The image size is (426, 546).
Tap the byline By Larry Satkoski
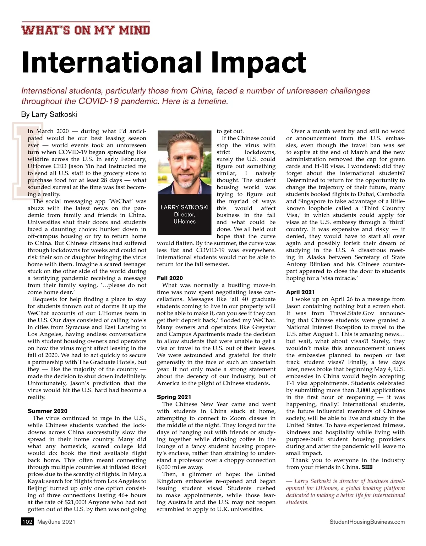point(49,114)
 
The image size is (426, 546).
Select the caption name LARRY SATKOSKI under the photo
point(184,207)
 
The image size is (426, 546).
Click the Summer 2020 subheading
point(47,411)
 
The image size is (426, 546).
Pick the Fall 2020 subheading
point(170,278)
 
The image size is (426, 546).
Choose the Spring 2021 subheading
point(174,397)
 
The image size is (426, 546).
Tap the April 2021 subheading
point(300,292)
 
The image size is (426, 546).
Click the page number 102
point(27,522)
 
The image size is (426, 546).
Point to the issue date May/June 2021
point(56,522)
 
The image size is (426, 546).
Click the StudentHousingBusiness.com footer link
point(367,522)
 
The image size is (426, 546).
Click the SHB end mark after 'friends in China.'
point(367,467)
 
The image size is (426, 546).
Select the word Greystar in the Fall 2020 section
point(264,327)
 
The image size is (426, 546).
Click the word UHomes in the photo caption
point(184,221)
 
